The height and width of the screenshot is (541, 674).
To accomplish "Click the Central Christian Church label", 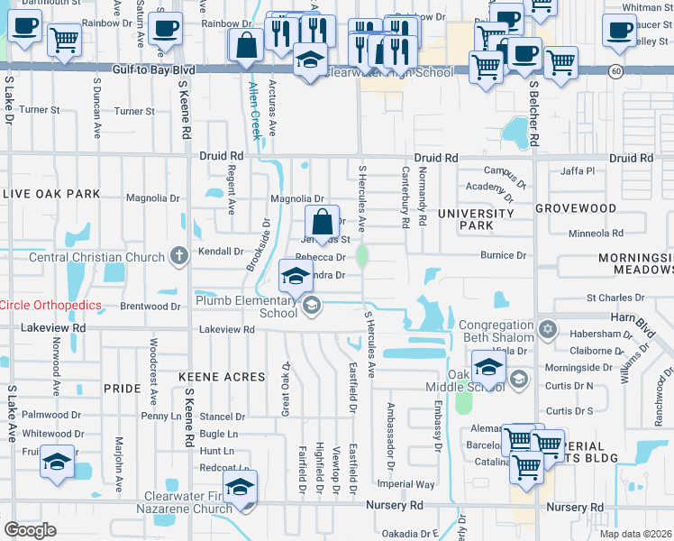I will [x=97, y=257].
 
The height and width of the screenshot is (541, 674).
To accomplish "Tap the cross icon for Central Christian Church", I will [x=178, y=256].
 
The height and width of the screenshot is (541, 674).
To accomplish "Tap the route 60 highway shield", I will [x=613, y=70].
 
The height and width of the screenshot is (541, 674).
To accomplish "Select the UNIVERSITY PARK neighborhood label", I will [x=475, y=220].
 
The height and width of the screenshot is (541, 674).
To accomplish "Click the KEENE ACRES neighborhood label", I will [x=214, y=375].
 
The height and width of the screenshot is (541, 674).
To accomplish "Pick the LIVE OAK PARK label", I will [x=50, y=194].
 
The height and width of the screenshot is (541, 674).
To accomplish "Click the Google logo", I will [x=30, y=530].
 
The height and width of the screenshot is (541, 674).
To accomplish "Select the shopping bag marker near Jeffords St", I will [x=322, y=222].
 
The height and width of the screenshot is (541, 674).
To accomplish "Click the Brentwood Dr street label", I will [x=150, y=307].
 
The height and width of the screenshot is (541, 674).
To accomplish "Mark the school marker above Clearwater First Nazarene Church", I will [x=241, y=488].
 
